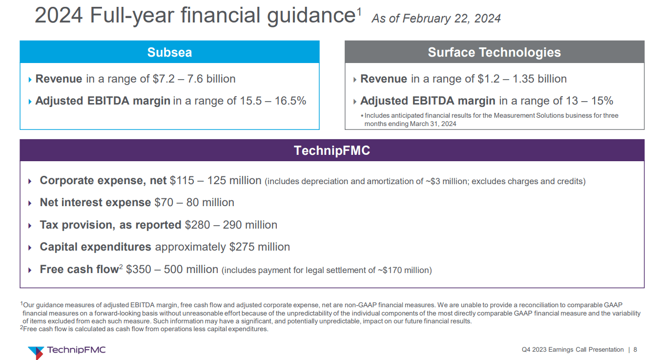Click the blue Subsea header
tap(169, 52)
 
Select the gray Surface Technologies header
tap(494, 52)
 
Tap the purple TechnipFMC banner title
tap(332, 150)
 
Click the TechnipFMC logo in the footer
tap(67, 350)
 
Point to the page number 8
tap(635, 350)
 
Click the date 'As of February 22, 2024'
tap(436, 19)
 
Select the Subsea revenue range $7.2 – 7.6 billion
tap(194, 79)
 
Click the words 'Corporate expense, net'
tap(103, 181)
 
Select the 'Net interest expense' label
tap(95, 203)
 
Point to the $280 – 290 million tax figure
tap(231, 225)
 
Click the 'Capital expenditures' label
tap(95, 247)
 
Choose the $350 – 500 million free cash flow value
tap(172, 270)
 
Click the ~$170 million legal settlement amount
tap(403, 270)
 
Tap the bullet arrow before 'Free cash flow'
tap(30, 270)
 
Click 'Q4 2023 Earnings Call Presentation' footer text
tap(573, 350)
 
